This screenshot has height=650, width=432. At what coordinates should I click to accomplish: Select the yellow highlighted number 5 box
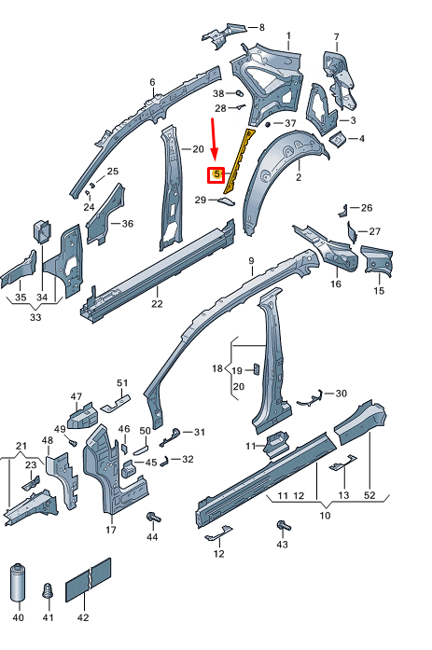click(x=216, y=173)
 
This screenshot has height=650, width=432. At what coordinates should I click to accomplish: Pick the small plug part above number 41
click(x=48, y=590)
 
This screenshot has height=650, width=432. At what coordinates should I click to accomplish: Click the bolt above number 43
click(x=281, y=530)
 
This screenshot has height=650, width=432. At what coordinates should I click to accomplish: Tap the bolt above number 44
click(x=153, y=518)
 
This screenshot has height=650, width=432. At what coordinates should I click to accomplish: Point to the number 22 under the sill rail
click(x=157, y=303)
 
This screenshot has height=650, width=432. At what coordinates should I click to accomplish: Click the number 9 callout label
click(x=251, y=260)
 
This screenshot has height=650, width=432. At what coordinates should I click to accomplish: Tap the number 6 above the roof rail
click(x=152, y=83)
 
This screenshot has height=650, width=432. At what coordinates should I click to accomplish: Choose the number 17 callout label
click(x=110, y=531)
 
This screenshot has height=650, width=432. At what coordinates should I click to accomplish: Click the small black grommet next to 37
click(x=268, y=123)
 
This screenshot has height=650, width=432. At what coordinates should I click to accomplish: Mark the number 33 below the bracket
click(x=36, y=318)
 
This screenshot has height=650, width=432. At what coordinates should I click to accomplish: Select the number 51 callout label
click(x=121, y=382)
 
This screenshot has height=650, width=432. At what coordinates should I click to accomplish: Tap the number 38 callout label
click(x=218, y=93)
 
